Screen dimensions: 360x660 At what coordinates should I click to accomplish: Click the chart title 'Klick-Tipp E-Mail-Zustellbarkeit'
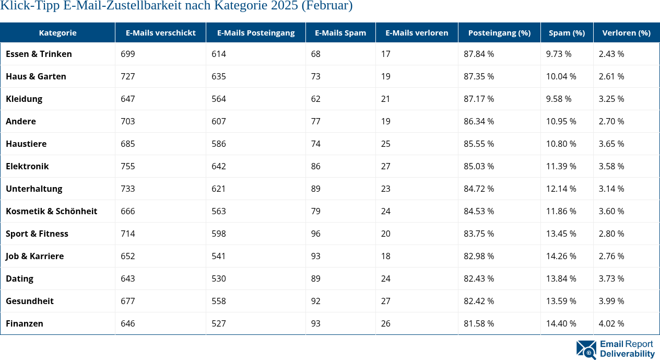click(176, 6)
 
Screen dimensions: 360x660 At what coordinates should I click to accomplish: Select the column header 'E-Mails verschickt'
click(160, 32)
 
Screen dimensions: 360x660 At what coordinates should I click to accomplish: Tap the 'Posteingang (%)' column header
click(499, 32)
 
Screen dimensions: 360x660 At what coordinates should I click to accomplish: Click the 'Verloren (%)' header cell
click(626, 32)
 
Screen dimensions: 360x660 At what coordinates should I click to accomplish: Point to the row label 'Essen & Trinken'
click(39, 54)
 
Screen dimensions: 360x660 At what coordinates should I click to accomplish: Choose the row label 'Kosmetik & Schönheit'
click(51, 211)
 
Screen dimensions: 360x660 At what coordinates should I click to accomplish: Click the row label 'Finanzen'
click(25, 323)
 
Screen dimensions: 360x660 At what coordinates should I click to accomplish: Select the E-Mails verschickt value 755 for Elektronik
click(128, 166)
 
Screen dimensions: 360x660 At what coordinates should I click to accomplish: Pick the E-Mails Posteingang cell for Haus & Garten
click(219, 76)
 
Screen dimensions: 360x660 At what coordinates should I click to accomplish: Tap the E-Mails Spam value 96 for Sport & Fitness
click(316, 234)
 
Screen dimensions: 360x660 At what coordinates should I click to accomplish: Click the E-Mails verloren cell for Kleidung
click(386, 99)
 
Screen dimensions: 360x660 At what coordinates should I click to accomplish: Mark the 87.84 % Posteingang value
click(479, 54)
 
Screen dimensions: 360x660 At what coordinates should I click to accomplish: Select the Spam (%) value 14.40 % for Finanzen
click(561, 323)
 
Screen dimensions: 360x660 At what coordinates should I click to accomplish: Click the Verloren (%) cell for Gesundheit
click(611, 301)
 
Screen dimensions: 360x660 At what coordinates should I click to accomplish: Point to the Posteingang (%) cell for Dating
click(479, 278)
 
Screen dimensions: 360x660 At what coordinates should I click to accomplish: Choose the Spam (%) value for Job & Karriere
click(561, 256)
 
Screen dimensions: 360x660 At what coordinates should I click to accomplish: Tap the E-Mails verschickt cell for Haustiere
click(128, 144)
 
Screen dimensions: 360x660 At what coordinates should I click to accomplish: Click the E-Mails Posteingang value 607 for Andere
click(219, 121)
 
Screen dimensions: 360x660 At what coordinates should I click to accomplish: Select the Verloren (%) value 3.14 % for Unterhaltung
click(611, 189)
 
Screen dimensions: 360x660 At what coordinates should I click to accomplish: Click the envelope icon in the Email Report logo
click(586, 350)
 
